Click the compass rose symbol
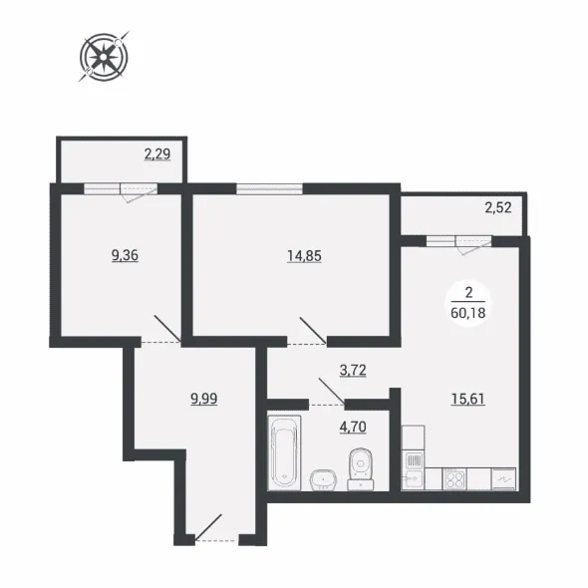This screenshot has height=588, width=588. (104, 57)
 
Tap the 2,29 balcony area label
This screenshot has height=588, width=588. (157, 153)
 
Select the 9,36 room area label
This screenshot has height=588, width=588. (125, 255)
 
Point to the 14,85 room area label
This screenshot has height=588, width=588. (304, 256)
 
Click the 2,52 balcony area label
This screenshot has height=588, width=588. (498, 207)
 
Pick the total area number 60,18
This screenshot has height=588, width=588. (468, 312)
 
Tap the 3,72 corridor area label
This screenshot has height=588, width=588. (353, 371)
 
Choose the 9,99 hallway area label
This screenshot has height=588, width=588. (204, 399)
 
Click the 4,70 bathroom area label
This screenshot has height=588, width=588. (353, 427)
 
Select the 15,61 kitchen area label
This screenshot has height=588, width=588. (468, 399)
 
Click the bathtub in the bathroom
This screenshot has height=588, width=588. (285, 452)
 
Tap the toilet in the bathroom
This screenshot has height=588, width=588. (361, 468)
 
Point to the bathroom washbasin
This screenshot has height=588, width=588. (323, 480)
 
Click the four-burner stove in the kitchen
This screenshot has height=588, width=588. (454, 479)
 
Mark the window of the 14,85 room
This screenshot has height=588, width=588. (269, 188)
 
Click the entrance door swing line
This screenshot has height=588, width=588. (208, 527)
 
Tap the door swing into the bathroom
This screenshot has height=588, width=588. (332, 392)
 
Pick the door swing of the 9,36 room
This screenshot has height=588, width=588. (167, 329)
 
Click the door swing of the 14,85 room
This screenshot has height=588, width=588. (313, 330)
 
